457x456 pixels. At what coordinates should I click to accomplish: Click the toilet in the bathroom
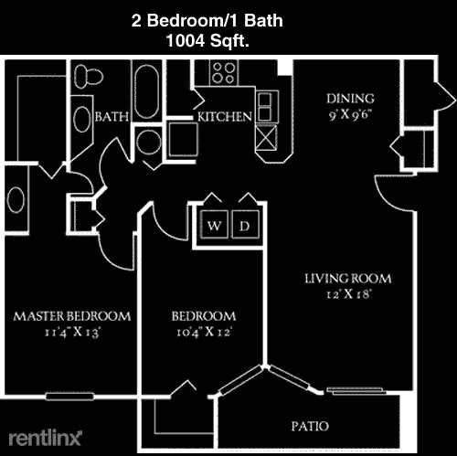89,76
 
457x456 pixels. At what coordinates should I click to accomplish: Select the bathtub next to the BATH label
146,91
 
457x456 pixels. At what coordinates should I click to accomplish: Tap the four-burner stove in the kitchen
224,72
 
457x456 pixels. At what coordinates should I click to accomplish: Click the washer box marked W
214,225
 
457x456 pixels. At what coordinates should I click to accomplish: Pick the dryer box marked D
245,225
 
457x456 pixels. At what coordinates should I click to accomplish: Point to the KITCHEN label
225,117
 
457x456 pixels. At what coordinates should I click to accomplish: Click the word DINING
350,99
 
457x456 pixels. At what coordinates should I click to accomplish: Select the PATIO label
310,426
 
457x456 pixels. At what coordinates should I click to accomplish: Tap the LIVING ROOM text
348,279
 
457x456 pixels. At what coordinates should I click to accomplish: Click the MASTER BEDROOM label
72,316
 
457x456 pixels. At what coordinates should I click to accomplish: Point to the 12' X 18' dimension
348,294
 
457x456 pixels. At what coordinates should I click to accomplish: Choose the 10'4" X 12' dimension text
205,332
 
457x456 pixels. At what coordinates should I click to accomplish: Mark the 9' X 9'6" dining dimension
350,114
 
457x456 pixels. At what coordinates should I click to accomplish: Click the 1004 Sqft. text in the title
207,40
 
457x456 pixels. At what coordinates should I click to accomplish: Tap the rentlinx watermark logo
46,438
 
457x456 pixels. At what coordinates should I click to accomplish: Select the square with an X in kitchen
266,138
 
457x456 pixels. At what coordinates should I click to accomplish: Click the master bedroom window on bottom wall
69,397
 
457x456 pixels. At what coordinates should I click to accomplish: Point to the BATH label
112,117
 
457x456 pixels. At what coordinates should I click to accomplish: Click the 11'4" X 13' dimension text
72,332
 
